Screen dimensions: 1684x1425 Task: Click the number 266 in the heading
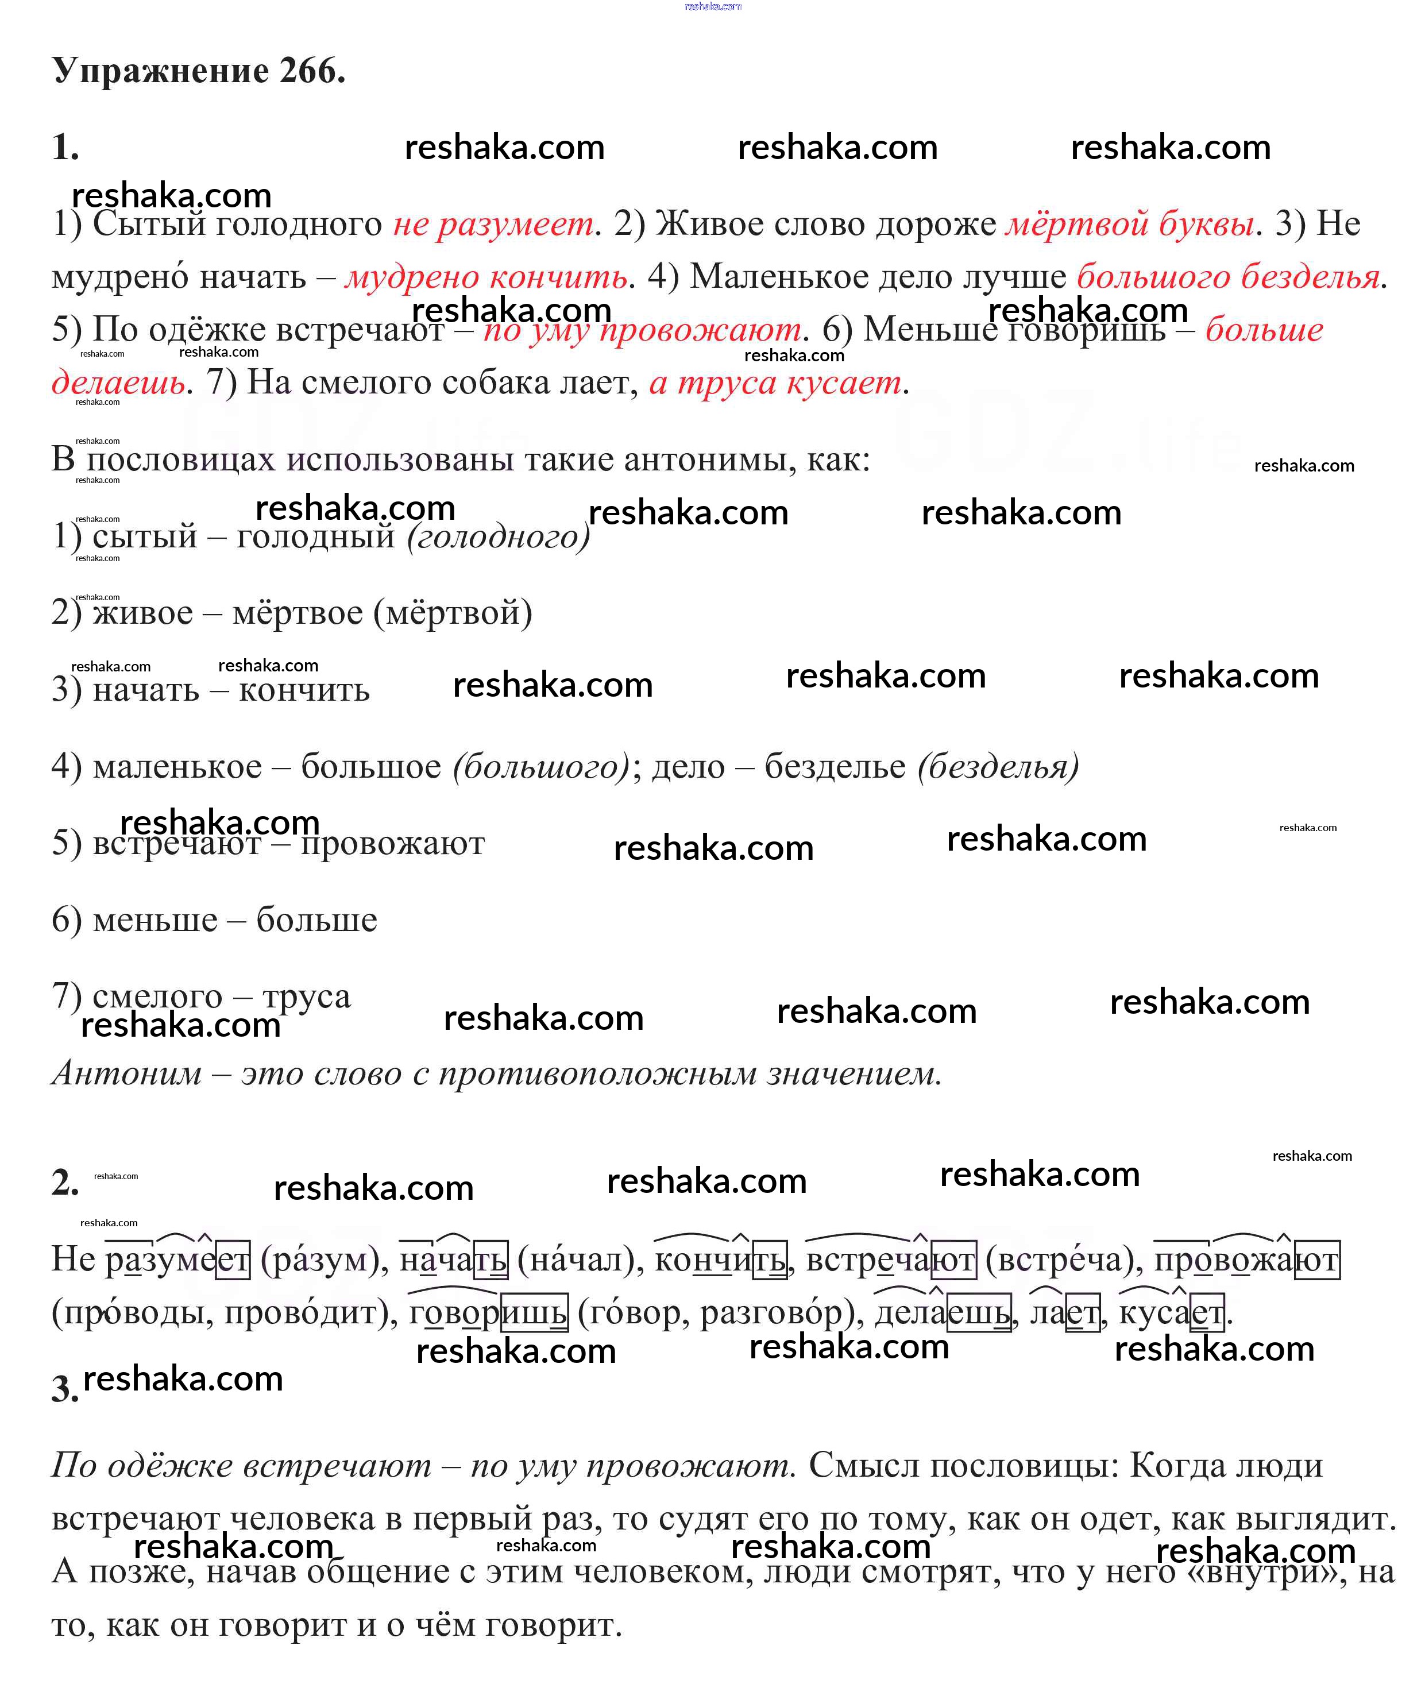(x=311, y=71)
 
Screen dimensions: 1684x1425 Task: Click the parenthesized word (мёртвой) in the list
(x=453, y=612)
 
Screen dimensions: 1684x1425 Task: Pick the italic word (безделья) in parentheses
(x=998, y=766)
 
